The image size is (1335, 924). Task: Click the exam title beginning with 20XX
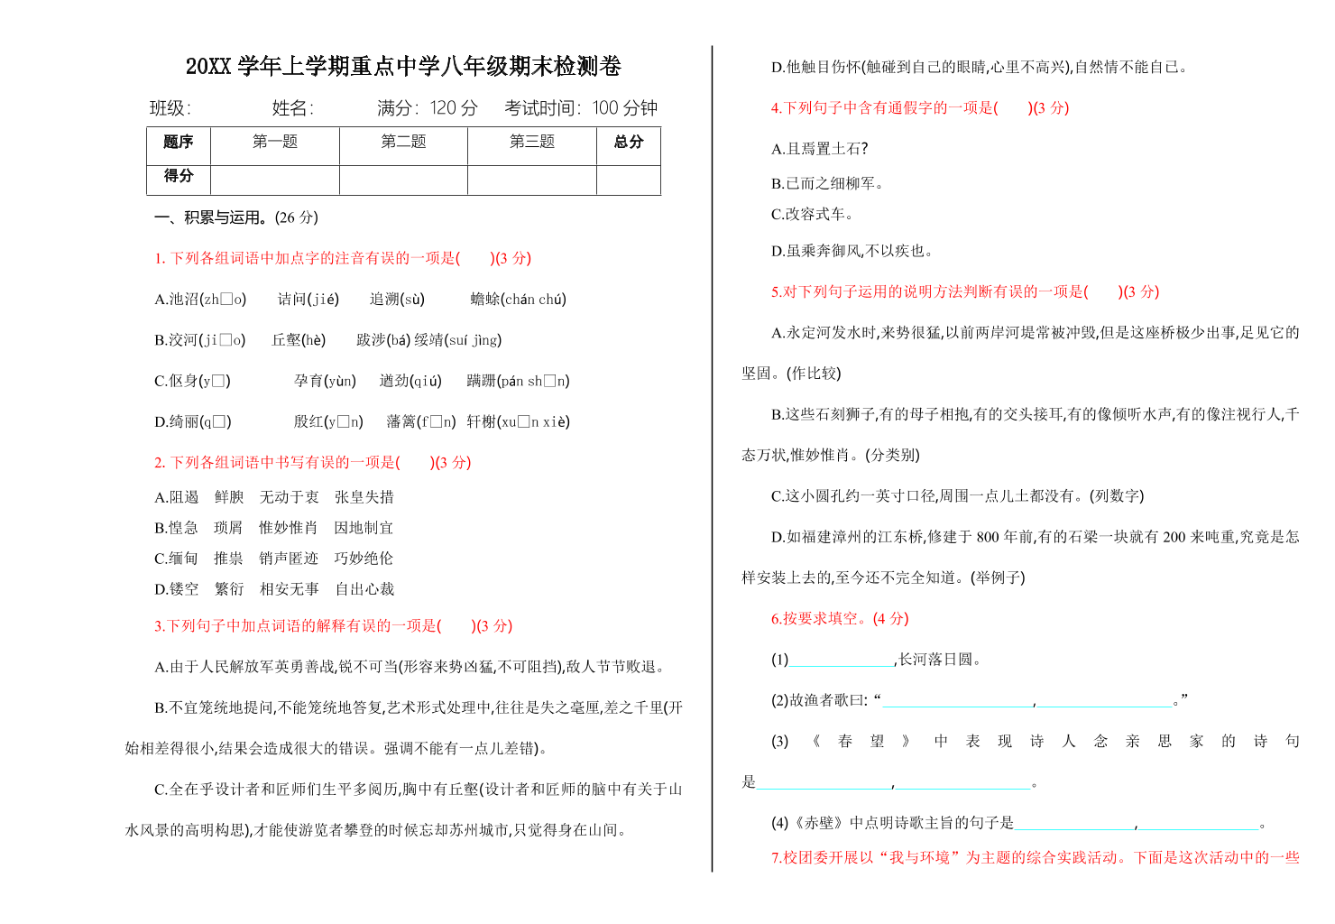coord(403,66)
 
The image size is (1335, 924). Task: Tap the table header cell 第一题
coord(275,142)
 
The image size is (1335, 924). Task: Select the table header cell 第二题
coord(403,142)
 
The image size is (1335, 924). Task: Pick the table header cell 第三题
coord(532,142)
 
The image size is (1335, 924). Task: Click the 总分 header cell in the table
coord(629,142)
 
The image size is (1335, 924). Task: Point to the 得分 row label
coord(179,176)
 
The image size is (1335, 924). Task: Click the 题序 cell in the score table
coord(179,142)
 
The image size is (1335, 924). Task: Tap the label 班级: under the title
coord(170,108)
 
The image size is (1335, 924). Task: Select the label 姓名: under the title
coord(293,108)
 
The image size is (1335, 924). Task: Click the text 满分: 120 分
coord(428,108)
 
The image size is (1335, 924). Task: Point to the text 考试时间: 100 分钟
coord(581,108)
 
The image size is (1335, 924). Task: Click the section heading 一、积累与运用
coord(236,217)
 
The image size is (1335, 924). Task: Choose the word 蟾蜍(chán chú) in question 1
coord(519,300)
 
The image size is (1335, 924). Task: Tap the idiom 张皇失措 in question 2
coord(364,497)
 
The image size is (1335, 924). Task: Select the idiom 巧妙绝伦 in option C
coord(364,559)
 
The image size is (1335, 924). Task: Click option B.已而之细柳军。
coord(827,183)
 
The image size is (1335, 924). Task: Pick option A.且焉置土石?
coord(819,149)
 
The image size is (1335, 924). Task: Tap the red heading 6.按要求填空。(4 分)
coord(840,619)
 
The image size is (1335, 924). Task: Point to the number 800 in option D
coord(988,537)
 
